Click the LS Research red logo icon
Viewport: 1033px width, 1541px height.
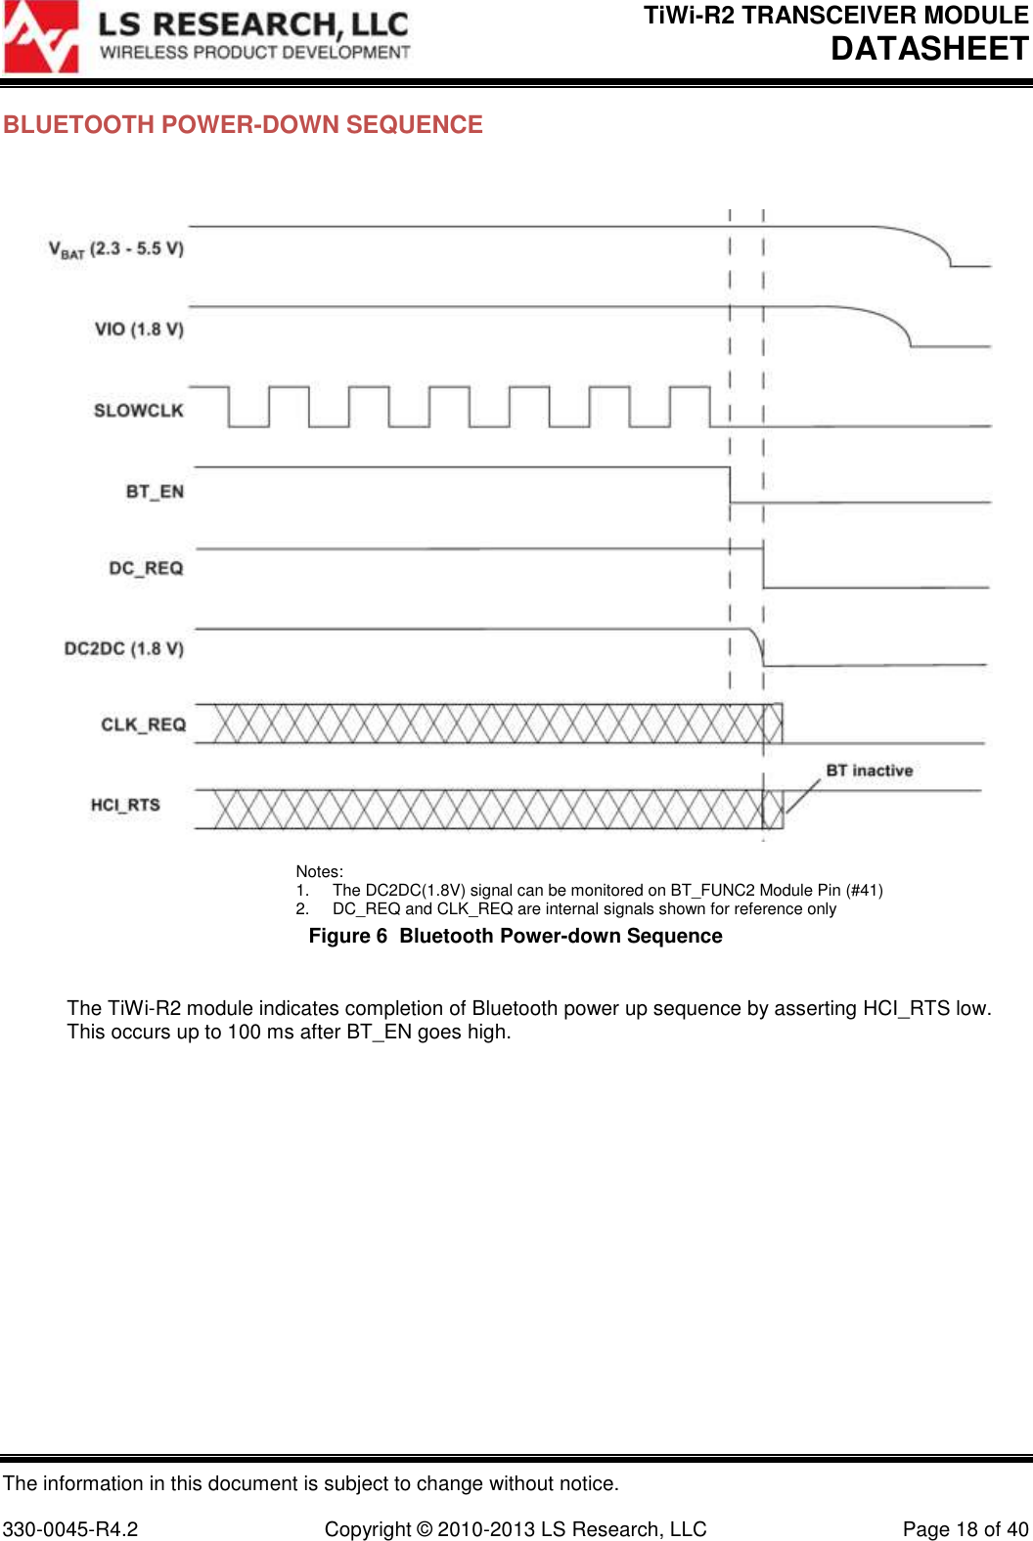[x=41, y=37]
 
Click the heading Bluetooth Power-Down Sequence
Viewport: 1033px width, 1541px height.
[x=243, y=125]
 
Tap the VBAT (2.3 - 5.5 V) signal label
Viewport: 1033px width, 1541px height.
[x=116, y=249]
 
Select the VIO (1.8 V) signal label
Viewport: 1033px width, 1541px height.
[x=139, y=330]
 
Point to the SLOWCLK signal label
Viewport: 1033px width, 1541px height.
[x=138, y=411]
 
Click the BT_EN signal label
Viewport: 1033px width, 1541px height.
[x=155, y=492]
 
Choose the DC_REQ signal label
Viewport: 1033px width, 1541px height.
[x=146, y=569]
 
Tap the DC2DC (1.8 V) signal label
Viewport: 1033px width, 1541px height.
[x=123, y=649]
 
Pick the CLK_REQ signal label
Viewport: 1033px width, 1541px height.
[x=143, y=725]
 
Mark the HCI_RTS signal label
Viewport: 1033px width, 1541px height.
[x=125, y=805]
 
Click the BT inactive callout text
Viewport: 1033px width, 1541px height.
[x=869, y=770]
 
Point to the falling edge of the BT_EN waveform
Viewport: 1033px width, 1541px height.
[x=730, y=485]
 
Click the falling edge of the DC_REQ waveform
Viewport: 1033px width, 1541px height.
[x=763, y=568]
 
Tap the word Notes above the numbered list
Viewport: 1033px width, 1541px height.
[x=319, y=871]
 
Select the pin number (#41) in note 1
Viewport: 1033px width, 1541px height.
[x=864, y=890]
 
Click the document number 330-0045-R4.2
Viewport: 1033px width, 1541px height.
[x=70, y=1529]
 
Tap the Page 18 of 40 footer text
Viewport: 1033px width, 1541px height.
[x=965, y=1529]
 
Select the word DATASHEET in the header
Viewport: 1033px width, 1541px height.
[x=929, y=48]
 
